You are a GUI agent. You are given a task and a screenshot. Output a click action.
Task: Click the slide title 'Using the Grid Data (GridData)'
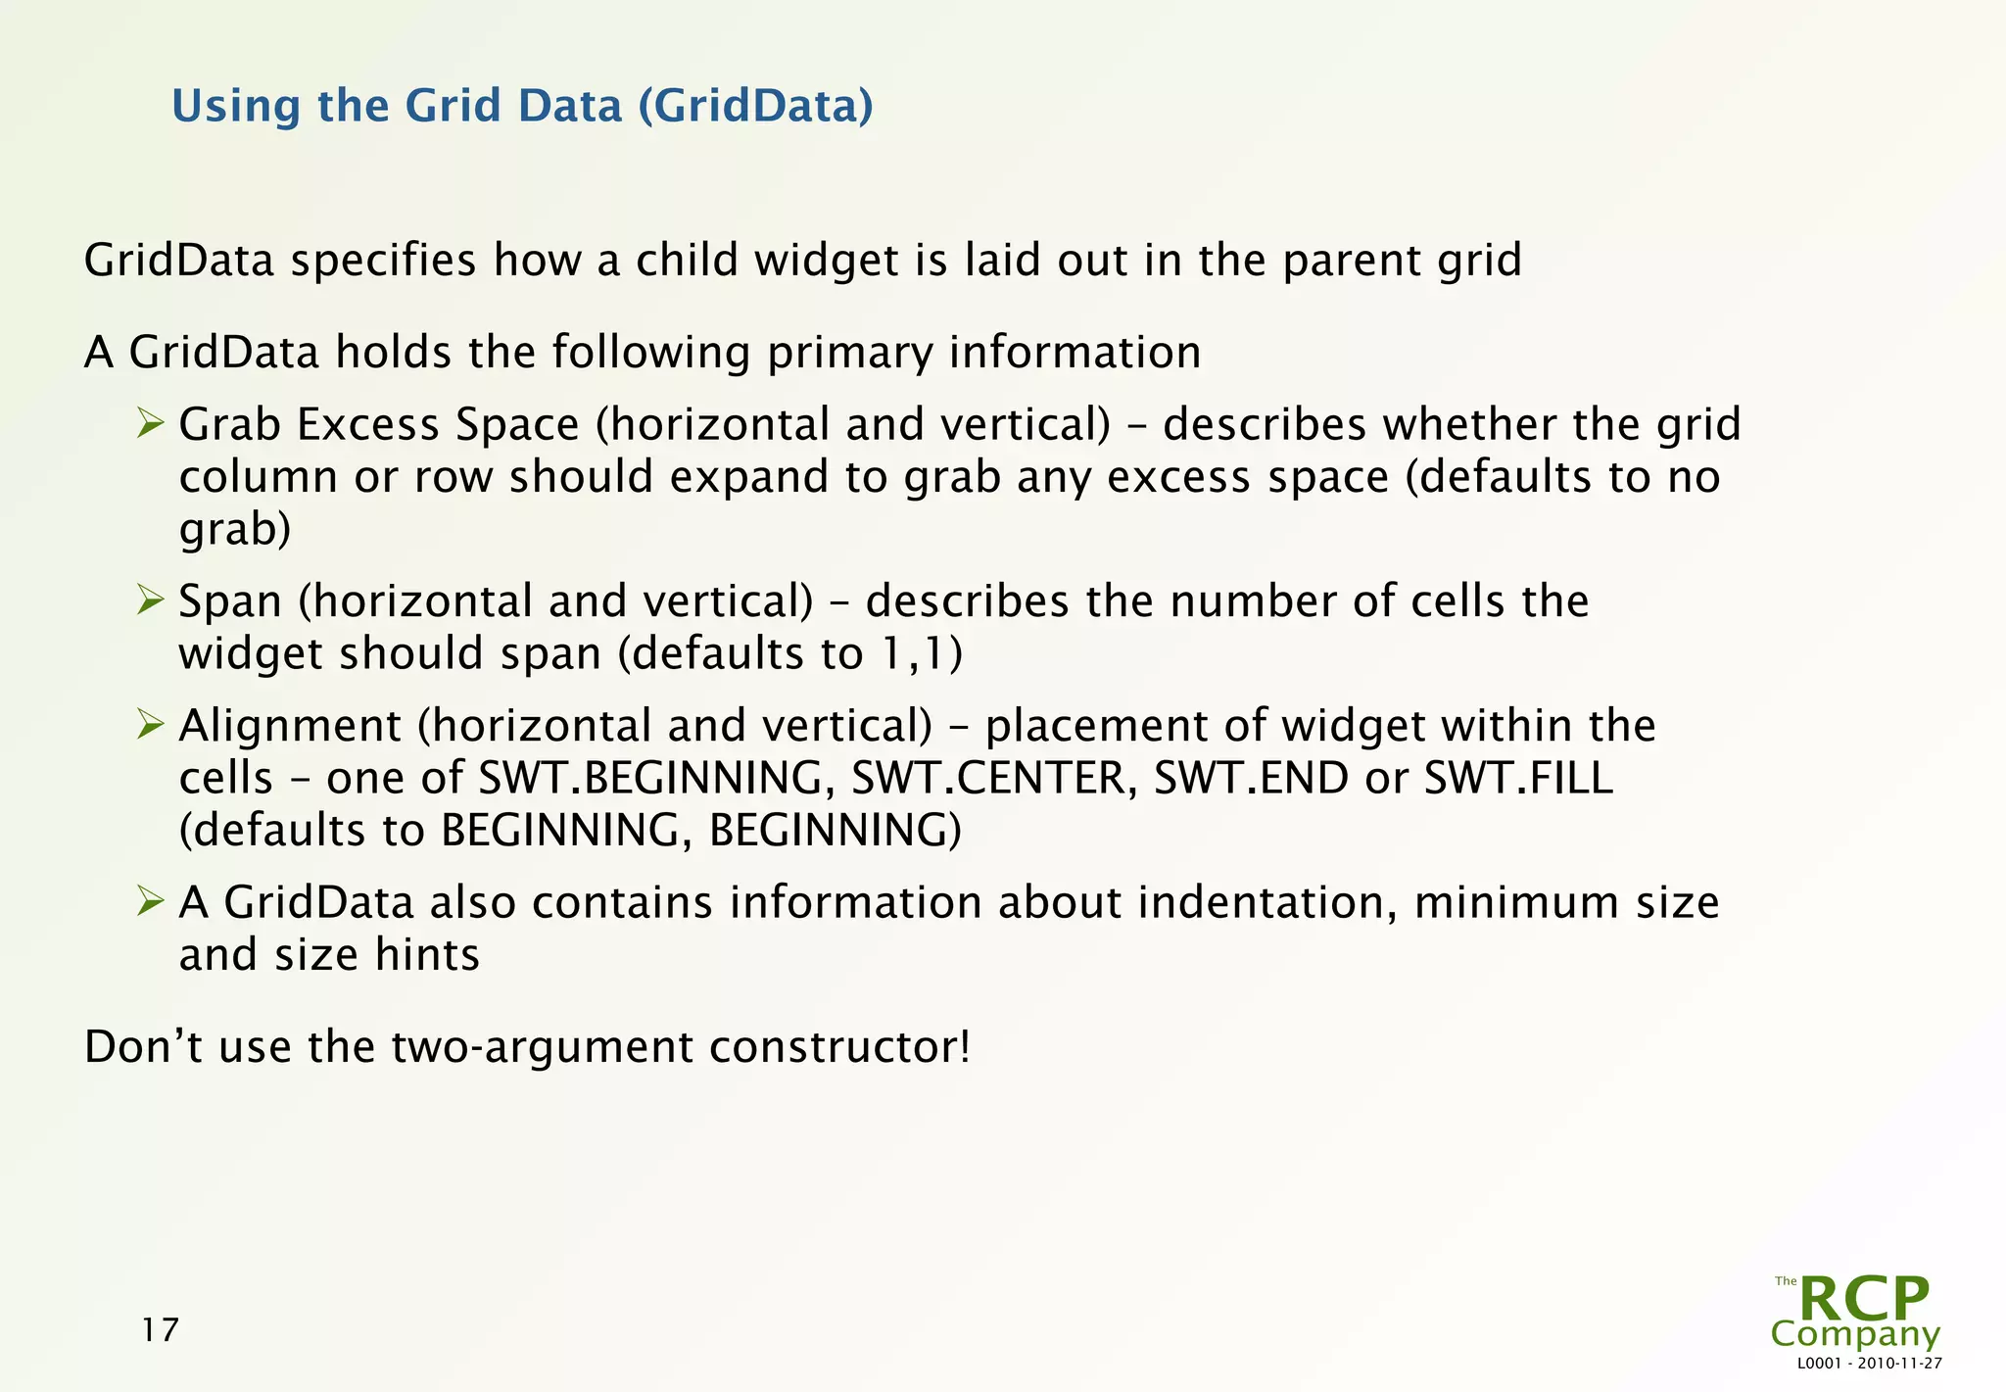tap(522, 106)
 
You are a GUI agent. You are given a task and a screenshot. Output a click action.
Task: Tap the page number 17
tap(160, 1329)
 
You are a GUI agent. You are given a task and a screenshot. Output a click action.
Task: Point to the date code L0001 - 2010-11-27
tap(1869, 1364)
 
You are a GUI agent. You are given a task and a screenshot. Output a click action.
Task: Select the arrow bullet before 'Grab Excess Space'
tap(150, 423)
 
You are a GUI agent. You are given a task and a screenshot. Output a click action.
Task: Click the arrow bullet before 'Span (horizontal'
tap(150, 600)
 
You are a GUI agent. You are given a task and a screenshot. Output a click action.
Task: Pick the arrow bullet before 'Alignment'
tap(150, 724)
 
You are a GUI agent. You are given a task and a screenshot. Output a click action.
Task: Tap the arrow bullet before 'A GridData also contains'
tap(150, 900)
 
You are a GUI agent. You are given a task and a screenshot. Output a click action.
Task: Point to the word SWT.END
tap(1251, 778)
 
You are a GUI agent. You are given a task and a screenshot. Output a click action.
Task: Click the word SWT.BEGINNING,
tap(656, 778)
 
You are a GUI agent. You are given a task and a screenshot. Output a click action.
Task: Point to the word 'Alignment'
tap(290, 726)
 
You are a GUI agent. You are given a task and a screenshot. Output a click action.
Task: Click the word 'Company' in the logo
tap(1855, 1334)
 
